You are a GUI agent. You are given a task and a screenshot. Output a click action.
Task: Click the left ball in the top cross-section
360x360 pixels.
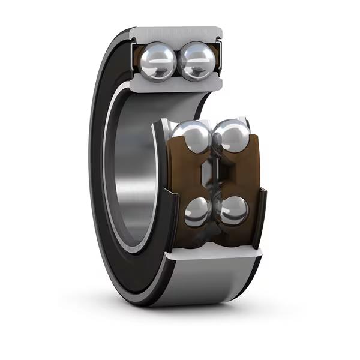click(158, 60)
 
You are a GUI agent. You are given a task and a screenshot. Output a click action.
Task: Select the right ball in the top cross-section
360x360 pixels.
click(197, 61)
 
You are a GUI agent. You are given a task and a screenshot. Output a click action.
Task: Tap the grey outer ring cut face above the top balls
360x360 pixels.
click(175, 34)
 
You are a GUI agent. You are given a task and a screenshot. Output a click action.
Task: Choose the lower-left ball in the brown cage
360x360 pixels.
click(198, 212)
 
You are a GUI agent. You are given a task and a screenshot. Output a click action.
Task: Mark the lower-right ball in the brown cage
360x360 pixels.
click(233, 211)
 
